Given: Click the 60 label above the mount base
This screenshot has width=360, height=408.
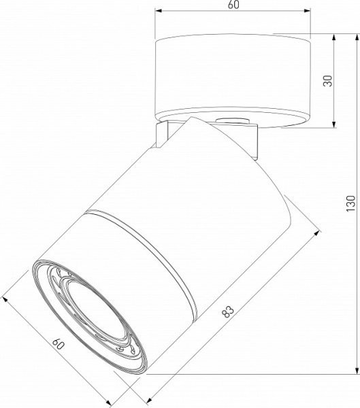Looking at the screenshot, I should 233,5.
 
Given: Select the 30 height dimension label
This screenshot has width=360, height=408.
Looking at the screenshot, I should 327,80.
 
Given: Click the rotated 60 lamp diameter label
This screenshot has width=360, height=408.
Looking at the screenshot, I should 60,345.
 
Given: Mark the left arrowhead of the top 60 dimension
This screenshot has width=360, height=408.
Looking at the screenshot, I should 158,12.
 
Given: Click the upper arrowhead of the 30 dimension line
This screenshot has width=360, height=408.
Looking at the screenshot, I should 335,37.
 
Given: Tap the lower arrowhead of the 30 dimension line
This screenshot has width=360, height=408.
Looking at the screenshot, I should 335,124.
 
